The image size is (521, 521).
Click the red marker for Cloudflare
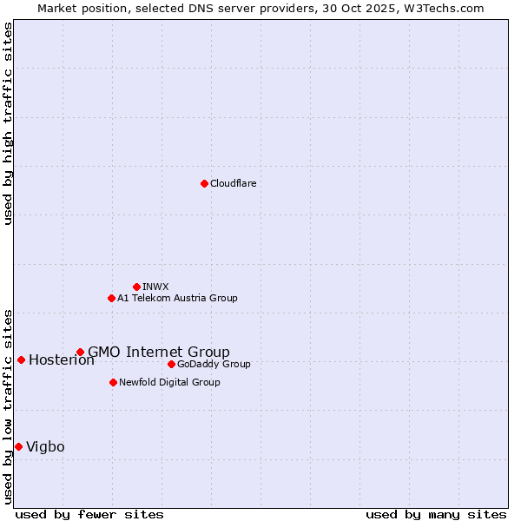(x=204, y=183)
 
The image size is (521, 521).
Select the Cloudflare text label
(x=233, y=183)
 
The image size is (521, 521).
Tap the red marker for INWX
(x=136, y=287)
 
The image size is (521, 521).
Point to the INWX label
(x=155, y=287)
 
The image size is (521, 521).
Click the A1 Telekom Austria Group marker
(x=111, y=298)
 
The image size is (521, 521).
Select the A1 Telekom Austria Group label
(x=177, y=298)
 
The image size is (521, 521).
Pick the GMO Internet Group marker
(x=80, y=352)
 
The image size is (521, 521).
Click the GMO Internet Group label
(x=159, y=352)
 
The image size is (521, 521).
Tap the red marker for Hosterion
(x=21, y=359)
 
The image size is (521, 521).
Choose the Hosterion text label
(x=61, y=360)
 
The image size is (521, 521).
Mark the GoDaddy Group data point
(x=171, y=364)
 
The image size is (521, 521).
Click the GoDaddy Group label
(x=214, y=364)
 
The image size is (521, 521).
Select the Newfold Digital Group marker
(x=113, y=382)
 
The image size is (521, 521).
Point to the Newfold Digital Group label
(x=169, y=382)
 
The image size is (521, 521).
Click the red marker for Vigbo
(x=18, y=446)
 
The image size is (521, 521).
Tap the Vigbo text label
(x=45, y=447)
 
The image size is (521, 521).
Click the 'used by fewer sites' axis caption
(x=89, y=514)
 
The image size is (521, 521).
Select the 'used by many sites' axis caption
(x=436, y=514)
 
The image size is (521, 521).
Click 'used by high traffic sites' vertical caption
(x=8, y=123)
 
